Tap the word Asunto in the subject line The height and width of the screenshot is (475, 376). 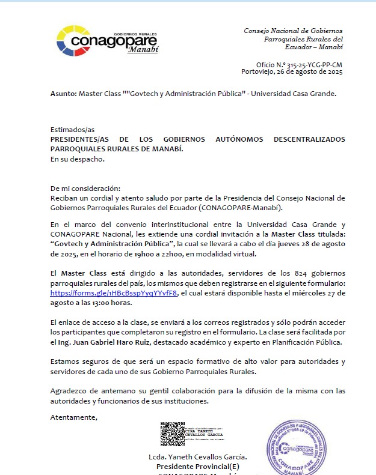[63, 94]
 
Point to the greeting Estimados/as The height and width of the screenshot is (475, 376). [73, 130]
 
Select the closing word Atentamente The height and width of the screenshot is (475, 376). [73, 417]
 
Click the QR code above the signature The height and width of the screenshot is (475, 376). [172, 434]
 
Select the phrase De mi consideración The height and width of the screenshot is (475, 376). [85, 188]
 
